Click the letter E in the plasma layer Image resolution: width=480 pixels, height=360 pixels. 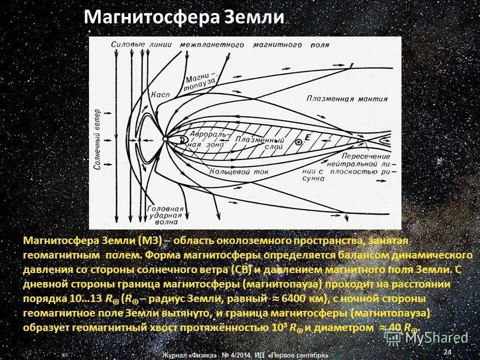(307, 136)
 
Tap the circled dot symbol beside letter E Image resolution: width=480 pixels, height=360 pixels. (299, 142)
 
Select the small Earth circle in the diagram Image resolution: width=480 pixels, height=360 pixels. (165, 138)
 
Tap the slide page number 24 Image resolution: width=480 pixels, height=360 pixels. (447, 352)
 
